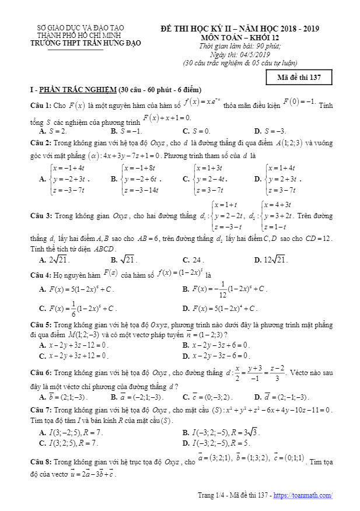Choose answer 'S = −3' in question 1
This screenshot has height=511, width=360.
pyautogui.click(x=274, y=131)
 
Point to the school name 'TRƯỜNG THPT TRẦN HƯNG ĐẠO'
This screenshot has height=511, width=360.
pyautogui.click(x=76, y=41)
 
